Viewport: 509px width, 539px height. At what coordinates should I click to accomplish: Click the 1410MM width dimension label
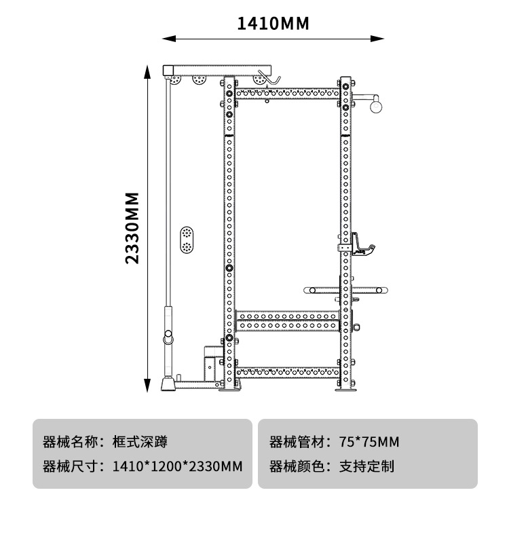[273, 24]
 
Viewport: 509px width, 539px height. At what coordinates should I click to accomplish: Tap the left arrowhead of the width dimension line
[165, 39]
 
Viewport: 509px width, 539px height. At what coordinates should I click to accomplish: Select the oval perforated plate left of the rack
[185, 240]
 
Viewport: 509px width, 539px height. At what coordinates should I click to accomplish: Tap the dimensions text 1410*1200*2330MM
[178, 466]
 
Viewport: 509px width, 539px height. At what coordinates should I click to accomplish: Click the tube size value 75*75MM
[369, 442]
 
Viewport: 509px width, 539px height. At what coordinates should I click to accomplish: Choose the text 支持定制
[366, 466]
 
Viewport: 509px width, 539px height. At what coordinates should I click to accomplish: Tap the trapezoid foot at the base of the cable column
[166, 384]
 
